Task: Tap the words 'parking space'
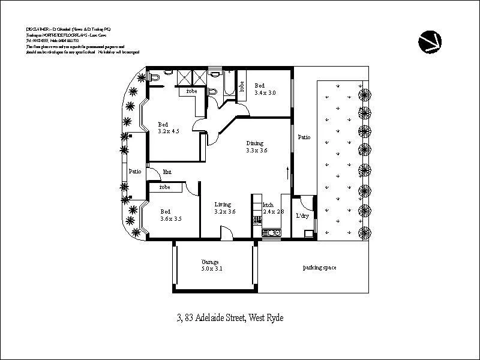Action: (319, 268)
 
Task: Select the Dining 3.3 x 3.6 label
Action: (257, 147)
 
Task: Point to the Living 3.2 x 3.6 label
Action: (225, 208)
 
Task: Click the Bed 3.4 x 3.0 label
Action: (265, 89)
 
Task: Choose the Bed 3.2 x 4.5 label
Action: (168, 127)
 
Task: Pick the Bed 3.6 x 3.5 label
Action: (170, 215)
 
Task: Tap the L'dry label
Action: (302, 216)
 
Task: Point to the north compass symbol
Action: (430, 41)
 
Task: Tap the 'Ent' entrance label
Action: (167, 172)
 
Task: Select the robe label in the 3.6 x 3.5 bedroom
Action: (164, 187)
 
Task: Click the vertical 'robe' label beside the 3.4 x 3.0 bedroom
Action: (242, 86)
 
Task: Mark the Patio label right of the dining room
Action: (304, 137)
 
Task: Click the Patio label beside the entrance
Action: (135, 172)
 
